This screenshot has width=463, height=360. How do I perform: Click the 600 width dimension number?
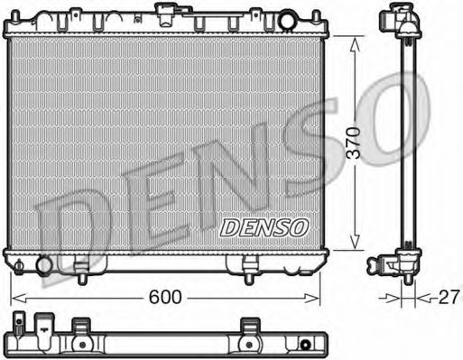tap(163, 296)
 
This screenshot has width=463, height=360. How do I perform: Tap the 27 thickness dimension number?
tap(449, 296)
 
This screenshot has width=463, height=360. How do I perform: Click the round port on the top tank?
tap(286, 19)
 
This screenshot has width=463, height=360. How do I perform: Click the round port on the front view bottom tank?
tap(42, 264)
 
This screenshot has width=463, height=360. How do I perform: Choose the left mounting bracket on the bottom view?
tap(80, 327)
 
